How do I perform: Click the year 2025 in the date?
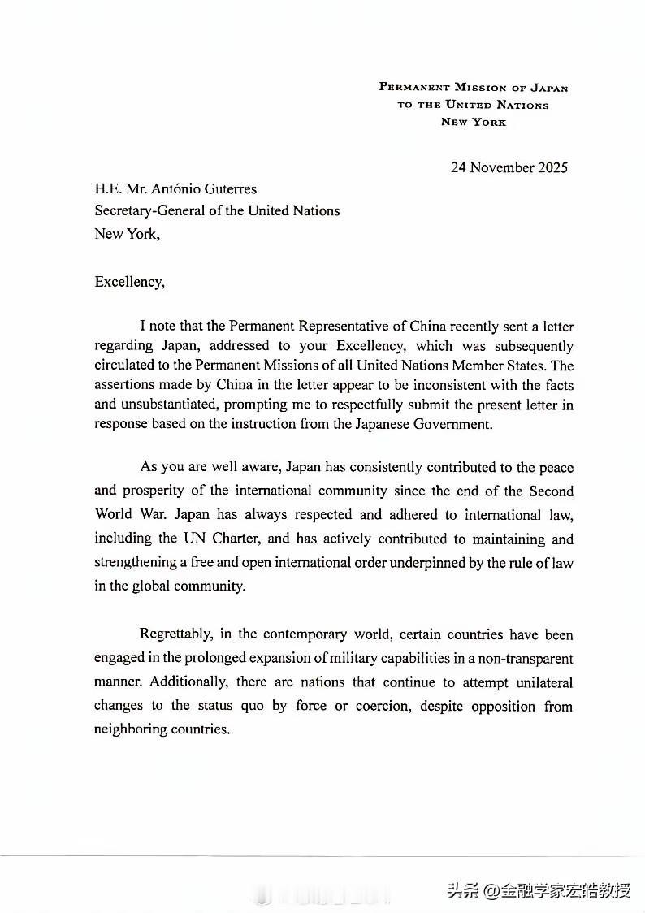tap(550, 168)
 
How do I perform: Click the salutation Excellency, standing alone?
tap(130, 283)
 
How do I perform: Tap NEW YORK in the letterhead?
tap(474, 122)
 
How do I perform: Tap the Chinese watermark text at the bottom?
tap(539, 889)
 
